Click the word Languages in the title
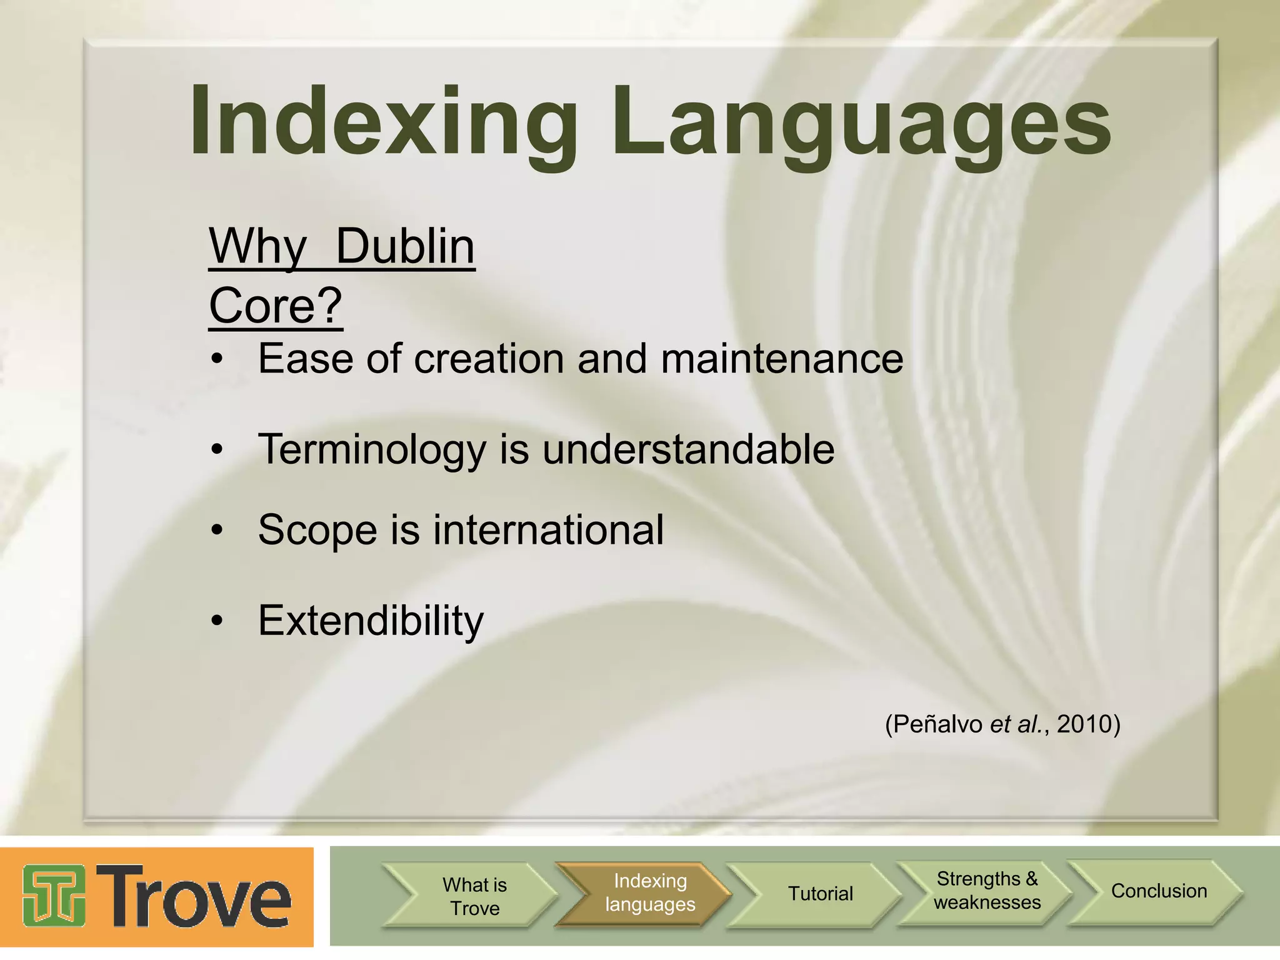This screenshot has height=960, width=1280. coord(861,122)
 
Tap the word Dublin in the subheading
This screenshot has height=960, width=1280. coord(405,246)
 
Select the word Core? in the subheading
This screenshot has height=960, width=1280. coord(276,306)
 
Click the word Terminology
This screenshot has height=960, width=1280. coord(372,449)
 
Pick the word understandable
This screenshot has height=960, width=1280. coord(687,449)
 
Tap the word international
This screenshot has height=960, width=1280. coord(548,530)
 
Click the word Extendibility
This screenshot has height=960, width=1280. coord(371,621)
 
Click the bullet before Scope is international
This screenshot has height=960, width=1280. coord(217,531)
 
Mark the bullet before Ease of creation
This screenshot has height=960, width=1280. coord(217,359)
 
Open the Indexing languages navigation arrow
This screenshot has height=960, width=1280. coord(649,892)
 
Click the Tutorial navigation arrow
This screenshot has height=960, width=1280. coord(820,894)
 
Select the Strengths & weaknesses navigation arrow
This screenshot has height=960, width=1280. coord(987,891)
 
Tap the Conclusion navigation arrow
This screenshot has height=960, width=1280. coord(1159,891)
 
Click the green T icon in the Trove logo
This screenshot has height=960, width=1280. coord(54,895)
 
